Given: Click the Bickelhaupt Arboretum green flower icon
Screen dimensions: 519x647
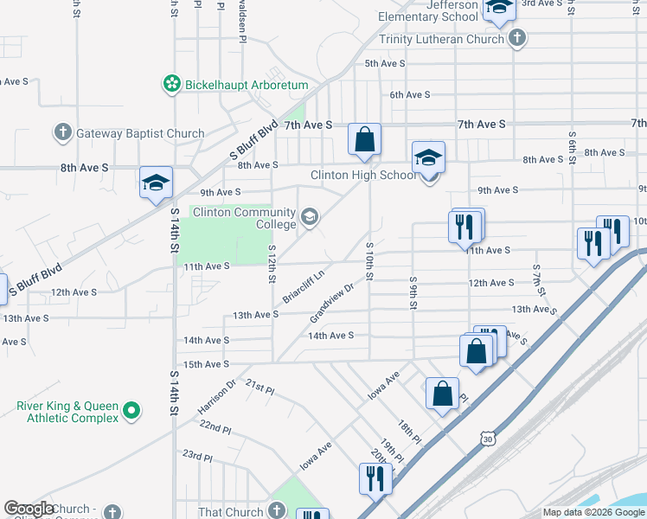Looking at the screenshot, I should click(171, 84).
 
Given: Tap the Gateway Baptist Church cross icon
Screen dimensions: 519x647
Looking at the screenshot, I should click(62, 133).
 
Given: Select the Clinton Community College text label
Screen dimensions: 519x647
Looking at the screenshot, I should click(244, 220).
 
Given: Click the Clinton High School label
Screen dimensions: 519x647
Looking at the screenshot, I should click(363, 176).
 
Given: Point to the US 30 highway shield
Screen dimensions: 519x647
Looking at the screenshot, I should click(489, 439).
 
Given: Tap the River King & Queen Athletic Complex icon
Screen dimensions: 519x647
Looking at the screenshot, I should click(131, 409).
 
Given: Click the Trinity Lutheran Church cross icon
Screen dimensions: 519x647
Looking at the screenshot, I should click(516, 38).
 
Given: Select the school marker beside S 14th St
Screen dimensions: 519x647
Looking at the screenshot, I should click(156, 183).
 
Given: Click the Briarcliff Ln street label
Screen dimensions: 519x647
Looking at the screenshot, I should click(303, 287).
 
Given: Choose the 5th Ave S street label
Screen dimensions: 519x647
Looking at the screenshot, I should click(385, 64).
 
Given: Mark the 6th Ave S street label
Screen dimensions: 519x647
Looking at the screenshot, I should click(409, 95).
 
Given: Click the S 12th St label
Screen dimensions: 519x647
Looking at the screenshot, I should click(272, 264).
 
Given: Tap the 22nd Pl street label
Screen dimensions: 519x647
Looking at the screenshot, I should click(215, 428).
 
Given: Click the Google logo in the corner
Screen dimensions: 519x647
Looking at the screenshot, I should click(30, 509).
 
